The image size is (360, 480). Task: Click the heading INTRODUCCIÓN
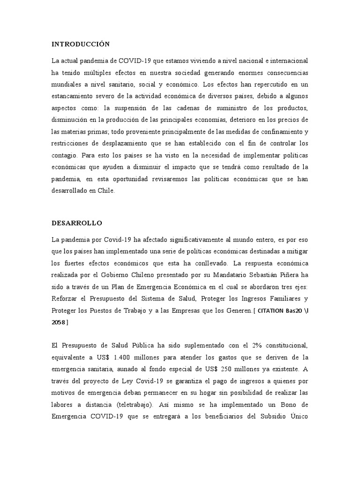click(x=80, y=44)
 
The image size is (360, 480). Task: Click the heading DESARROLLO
click(x=76, y=223)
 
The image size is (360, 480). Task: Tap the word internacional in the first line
click(x=287, y=61)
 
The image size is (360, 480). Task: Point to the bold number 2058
click(x=59, y=322)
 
